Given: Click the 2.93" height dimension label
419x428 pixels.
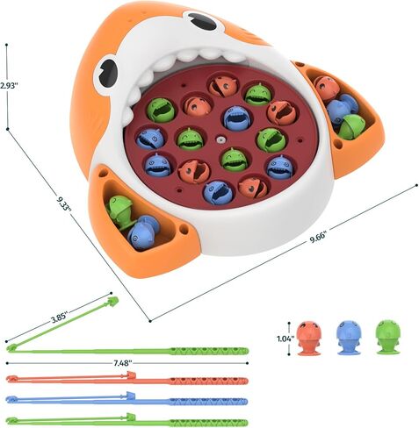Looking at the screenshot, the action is (x=9, y=85).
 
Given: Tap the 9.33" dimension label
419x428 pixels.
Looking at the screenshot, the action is (x=64, y=203).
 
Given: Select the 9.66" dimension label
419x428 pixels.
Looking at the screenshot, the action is (x=318, y=238).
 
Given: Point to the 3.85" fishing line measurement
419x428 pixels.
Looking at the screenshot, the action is (x=60, y=318).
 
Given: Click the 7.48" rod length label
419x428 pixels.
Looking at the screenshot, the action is (x=123, y=363).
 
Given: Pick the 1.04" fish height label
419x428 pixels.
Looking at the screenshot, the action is (x=285, y=339).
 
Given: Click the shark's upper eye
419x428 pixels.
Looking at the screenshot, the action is (x=201, y=20).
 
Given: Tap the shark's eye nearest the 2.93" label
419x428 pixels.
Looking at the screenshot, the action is (x=106, y=73).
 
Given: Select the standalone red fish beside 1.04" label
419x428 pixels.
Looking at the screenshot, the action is (x=309, y=338).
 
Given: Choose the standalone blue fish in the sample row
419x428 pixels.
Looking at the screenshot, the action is (x=349, y=338).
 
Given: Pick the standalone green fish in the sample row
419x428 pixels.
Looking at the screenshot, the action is (x=388, y=337).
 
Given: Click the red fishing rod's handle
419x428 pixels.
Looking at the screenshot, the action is (x=209, y=381).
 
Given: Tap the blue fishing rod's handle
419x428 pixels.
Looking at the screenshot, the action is (x=209, y=401).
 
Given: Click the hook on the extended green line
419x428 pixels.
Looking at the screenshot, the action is (x=113, y=301).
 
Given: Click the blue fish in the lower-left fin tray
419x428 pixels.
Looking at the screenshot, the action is (x=142, y=232).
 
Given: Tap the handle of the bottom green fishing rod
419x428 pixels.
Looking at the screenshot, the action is (x=209, y=423).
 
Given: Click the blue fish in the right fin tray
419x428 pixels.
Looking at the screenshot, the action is (x=342, y=107).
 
